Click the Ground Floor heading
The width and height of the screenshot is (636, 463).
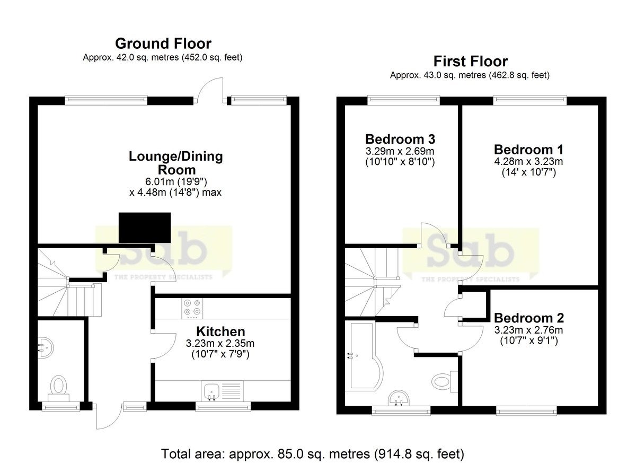[163, 43]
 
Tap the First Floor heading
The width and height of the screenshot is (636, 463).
[471, 62]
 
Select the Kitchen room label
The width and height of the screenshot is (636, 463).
[220, 331]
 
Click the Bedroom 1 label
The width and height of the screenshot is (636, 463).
[528, 150]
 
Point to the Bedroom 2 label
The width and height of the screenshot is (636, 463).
[529, 318]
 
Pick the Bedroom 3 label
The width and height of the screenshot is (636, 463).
[400, 139]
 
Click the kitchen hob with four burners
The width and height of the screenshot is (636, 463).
[192, 308]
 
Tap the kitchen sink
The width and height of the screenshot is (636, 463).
[211, 391]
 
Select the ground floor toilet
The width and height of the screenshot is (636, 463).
[59, 388]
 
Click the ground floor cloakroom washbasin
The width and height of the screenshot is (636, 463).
[46, 348]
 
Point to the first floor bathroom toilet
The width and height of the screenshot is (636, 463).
[445, 381]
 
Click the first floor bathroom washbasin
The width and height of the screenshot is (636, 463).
[399, 398]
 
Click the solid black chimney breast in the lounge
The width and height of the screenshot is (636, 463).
[145, 228]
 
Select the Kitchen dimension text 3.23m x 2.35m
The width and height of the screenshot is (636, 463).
[220, 344]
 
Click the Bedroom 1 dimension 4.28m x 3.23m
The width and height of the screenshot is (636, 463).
[528, 161]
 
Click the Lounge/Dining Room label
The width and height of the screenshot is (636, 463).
[176, 163]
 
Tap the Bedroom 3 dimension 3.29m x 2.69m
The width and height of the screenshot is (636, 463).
[400, 151]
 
